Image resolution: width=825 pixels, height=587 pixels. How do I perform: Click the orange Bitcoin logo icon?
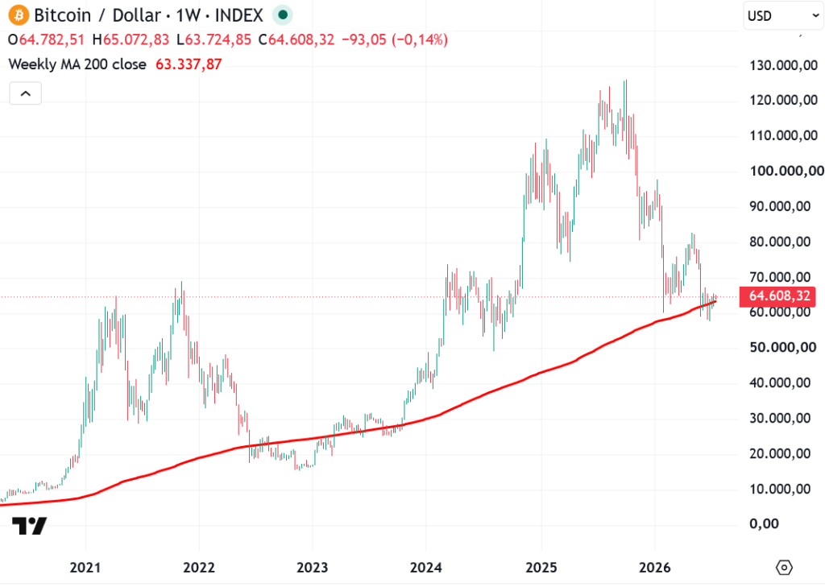pyautogui.click(x=19, y=15)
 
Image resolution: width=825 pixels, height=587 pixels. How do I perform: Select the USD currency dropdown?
pyautogui.click(x=783, y=16)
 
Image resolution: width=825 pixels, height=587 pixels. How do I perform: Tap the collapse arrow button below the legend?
pyautogui.click(x=25, y=93)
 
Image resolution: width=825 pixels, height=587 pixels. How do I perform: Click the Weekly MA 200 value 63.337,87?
pyautogui.click(x=189, y=64)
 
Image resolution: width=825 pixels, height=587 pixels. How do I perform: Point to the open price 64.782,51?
pyautogui.click(x=52, y=40)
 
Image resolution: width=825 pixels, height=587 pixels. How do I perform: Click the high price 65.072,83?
pyautogui.click(x=136, y=40)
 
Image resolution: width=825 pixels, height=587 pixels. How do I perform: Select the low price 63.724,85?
pyautogui.click(x=218, y=40)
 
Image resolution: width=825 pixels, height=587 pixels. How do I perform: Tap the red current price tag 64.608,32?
pyautogui.click(x=777, y=296)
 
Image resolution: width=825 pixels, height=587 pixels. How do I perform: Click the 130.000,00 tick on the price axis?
pyautogui.click(x=783, y=66)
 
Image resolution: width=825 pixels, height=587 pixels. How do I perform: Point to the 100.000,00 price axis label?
pyautogui.click(x=787, y=171)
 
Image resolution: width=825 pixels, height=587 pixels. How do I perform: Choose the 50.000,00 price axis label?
pyautogui.click(x=783, y=347)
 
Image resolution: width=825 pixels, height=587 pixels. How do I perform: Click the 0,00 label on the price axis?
pyautogui.click(x=763, y=523)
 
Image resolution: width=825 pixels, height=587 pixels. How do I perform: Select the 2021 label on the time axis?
pyautogui.click(x=85, y=568)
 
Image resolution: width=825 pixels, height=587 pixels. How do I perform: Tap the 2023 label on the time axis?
pyautogui.click(x=312, y=568)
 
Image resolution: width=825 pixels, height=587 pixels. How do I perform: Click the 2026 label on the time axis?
pyautogui.click(x=654, y=568)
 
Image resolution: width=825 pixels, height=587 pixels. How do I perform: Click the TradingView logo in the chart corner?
pyautogui.click(x=30, y=526)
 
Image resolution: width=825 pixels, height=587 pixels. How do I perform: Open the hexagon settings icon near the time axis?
pyautogui.click(x=784, y=568)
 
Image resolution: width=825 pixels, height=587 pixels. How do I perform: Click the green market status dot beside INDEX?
pyautogui.click(x=283, y=15)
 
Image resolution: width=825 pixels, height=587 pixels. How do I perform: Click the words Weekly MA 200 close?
pyautogui.click(x=77, y=64)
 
